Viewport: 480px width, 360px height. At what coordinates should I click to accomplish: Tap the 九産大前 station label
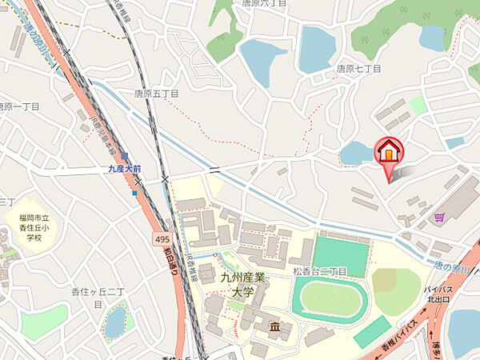click(125, 169)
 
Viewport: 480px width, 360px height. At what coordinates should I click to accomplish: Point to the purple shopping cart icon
click(439, 216)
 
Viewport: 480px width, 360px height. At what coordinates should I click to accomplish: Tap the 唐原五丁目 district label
click(158, 94)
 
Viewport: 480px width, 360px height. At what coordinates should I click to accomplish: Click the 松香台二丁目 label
click(319, 272)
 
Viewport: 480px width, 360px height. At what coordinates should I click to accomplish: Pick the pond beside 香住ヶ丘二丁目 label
click(116, 322)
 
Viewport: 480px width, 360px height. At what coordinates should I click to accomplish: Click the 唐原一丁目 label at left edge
click(15, 106)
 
